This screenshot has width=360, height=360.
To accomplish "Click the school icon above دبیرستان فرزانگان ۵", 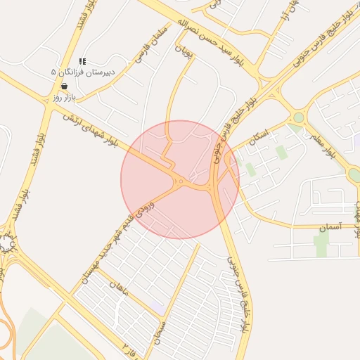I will [83, 62].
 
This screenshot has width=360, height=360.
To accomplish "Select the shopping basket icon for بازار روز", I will [65, 86].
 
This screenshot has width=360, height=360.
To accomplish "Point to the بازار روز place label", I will [63, 97].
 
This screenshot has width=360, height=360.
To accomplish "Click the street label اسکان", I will [259, 133].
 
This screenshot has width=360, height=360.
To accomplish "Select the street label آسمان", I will [328, 228].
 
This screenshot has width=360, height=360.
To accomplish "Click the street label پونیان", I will [182, 51].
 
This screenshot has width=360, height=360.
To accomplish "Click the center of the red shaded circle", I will [180, 179].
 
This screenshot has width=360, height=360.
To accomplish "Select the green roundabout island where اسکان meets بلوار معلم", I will [299, 118].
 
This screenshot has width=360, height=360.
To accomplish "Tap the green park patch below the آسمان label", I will [321, 244].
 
